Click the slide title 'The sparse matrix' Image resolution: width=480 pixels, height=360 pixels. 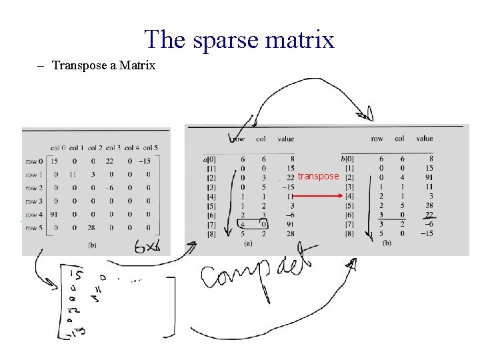(x=239, y=39)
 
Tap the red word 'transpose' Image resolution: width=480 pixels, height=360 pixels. (x=318, y=176)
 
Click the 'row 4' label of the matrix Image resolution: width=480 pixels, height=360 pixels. (x=33, y=215)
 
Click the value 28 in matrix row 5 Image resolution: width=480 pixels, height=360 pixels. (x=94, y=228)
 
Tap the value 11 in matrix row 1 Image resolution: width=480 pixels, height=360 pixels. (x=73, y=174)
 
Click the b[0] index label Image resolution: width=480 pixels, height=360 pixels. (x=347, y=159)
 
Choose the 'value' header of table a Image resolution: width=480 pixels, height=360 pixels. (x=285, y=139)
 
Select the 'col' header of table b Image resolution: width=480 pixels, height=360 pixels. (x=399, y=139)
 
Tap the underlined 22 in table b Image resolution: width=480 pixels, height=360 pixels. (x=429, y=215)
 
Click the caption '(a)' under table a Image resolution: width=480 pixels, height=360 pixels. (x=247, y=244)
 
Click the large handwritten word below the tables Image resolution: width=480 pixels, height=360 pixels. (x=260, y=273)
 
